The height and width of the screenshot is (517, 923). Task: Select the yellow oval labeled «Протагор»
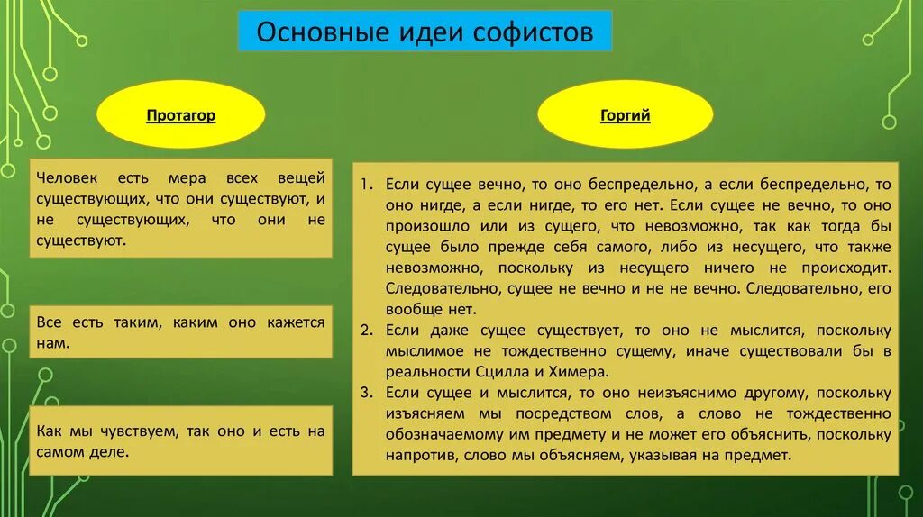[181, 115]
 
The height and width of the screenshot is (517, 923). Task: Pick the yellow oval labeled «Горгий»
[626, 115]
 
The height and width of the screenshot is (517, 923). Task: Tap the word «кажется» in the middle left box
[296, 322]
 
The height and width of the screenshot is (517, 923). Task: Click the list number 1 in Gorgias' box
[366, 184]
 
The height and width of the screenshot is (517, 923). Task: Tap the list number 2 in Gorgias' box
[366, 330]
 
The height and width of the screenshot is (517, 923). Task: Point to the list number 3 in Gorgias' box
[366, 393]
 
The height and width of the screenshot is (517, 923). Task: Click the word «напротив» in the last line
[420, 456]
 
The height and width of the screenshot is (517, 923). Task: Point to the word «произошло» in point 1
[423, 225]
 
